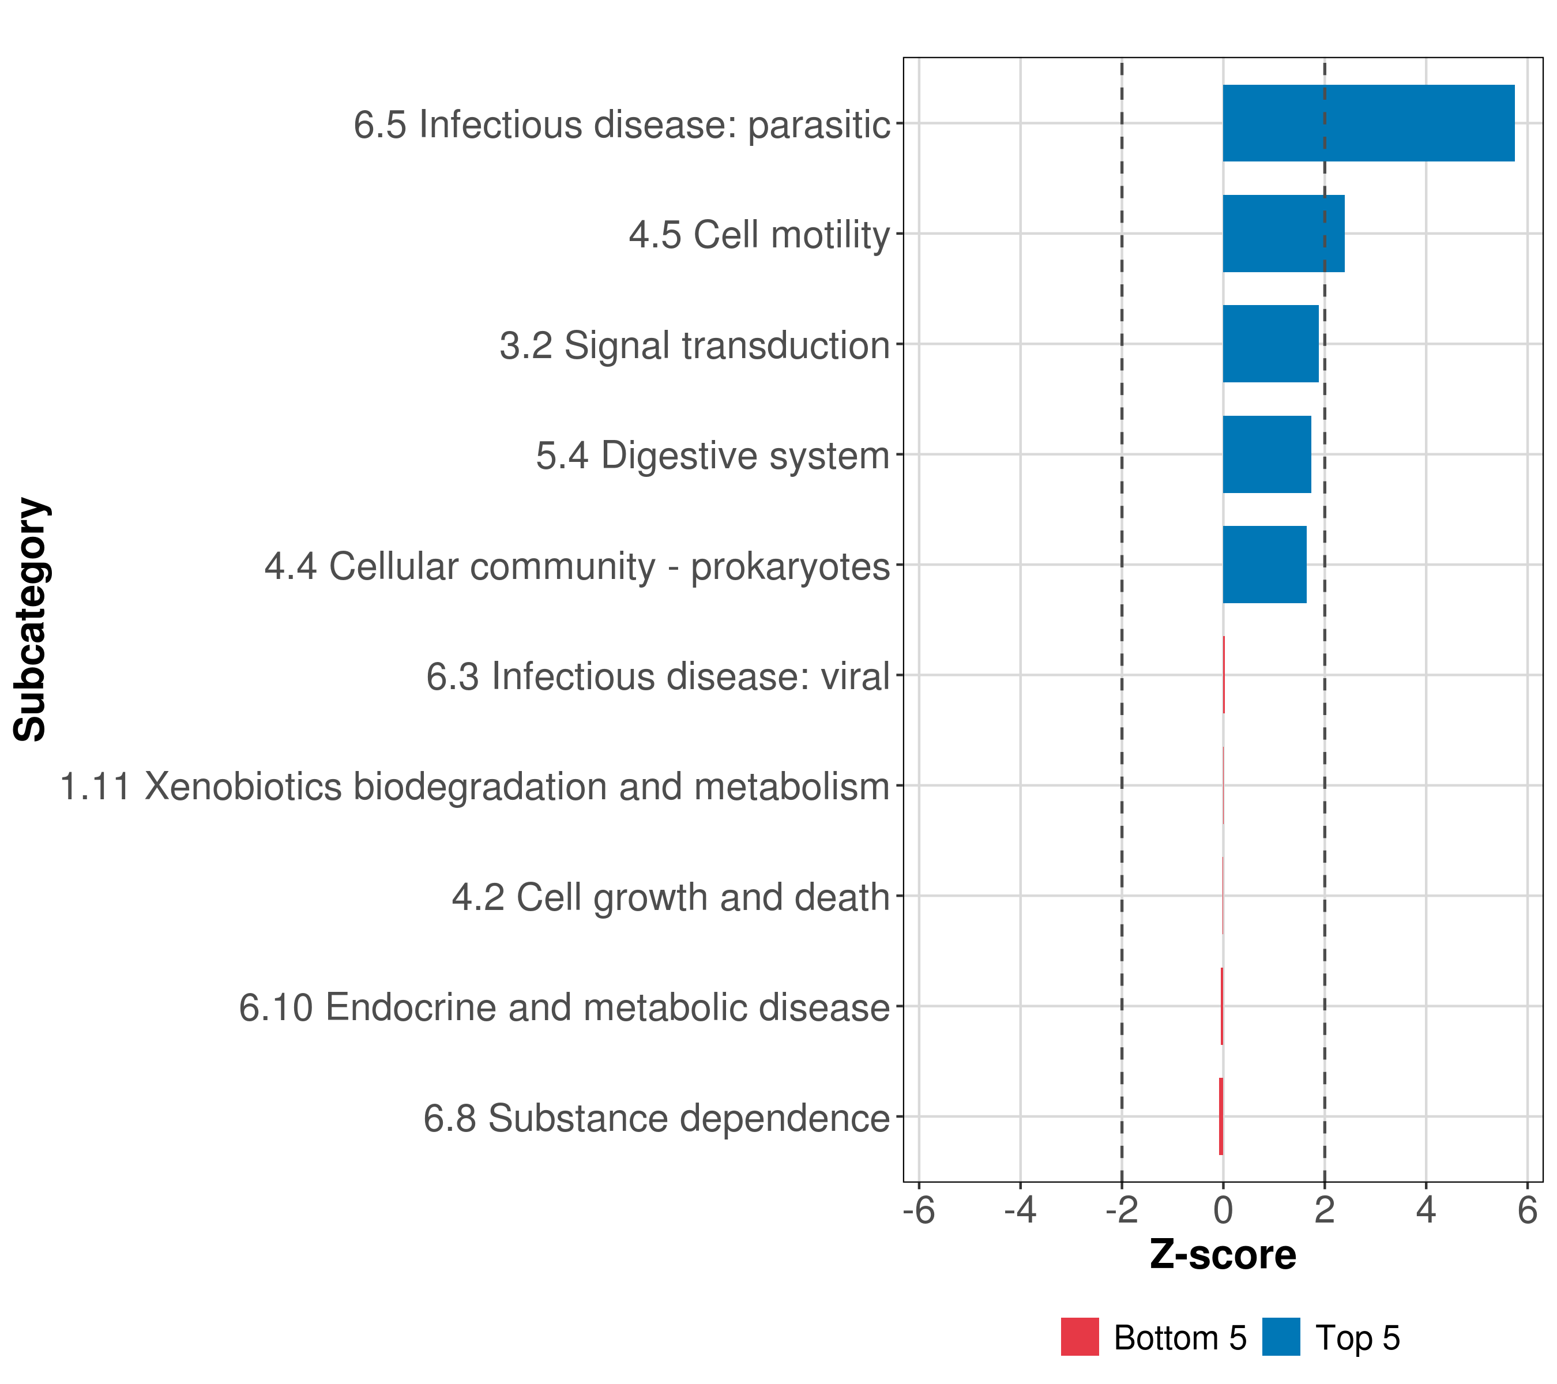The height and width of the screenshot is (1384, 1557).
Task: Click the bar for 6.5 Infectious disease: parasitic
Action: coord(1368,123)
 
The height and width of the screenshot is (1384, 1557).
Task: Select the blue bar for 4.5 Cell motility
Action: coord(1284,234)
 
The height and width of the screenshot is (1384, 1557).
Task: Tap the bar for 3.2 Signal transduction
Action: coord(1270,344)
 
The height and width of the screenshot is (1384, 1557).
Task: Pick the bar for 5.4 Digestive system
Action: coord(1267,455)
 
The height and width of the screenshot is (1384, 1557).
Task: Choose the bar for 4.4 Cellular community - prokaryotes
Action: coord(1265,565)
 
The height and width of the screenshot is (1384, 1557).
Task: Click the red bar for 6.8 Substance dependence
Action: coord(1221,1116)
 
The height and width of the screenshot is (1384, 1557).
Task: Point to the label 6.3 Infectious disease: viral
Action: coord(657,676)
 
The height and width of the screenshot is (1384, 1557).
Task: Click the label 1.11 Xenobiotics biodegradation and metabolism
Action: coord(475,787)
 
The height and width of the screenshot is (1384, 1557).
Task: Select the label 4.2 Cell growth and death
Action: coord(670,897)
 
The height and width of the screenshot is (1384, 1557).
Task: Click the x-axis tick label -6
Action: coord(919,1210)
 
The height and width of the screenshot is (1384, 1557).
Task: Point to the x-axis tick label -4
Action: coord(1020,1210)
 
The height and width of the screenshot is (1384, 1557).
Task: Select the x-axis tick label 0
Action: coord(1223,1210)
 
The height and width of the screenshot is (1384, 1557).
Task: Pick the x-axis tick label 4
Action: coord(1426,1210)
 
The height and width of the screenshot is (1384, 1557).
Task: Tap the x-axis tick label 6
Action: coord(1527,1210)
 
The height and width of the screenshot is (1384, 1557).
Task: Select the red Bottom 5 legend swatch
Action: coord(1080,1337)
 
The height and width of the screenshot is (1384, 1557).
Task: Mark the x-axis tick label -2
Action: coord(1121,1210)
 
